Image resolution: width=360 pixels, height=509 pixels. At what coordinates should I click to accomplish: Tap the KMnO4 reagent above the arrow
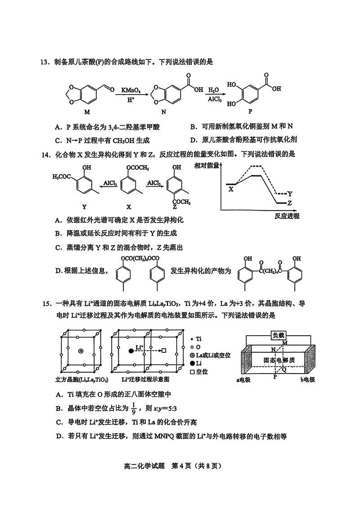point(131,90)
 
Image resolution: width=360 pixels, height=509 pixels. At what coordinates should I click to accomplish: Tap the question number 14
point(44,154)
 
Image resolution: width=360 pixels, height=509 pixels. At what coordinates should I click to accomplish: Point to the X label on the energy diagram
point(231,190)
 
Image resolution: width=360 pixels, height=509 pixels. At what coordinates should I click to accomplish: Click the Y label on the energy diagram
point(290,194)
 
